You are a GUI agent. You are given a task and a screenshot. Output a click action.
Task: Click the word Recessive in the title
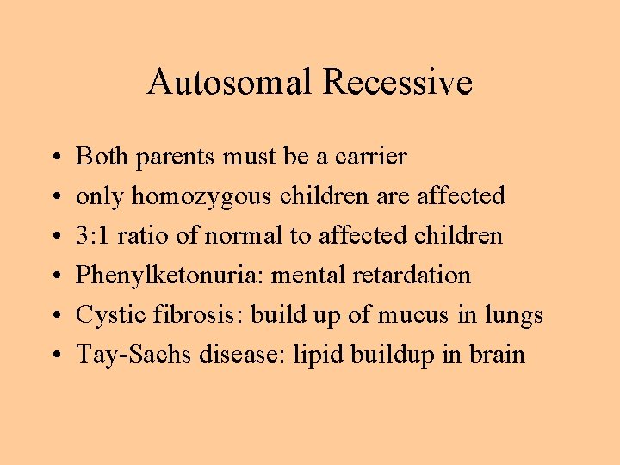pos(398,83)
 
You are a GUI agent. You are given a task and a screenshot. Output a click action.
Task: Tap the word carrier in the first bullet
pos(371,157)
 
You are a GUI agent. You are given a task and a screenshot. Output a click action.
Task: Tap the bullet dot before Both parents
pos(54,158)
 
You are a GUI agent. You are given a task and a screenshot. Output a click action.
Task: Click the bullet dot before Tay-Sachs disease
pos(54,356)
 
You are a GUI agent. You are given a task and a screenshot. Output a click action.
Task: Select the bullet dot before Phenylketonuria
pos(54,277)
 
